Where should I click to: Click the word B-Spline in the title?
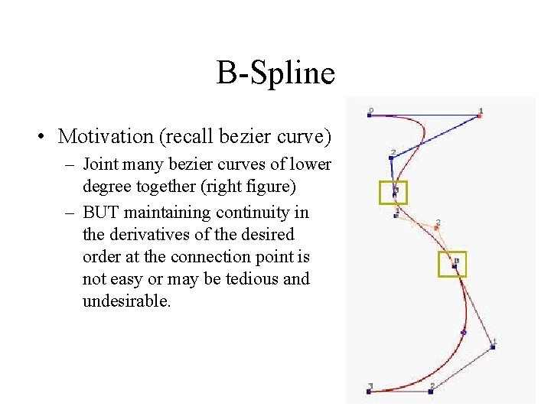coord(275,74)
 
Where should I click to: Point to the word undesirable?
coord(126,301)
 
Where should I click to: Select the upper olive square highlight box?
coord(393,193)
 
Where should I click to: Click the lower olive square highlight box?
coord(452,264)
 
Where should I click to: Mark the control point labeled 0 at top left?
coord(369,115)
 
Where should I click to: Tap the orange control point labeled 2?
coord(436,228)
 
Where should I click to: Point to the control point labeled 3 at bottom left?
coord(369,391)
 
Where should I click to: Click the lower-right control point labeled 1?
coord(493,346)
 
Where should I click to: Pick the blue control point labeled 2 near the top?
coord(391,158)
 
